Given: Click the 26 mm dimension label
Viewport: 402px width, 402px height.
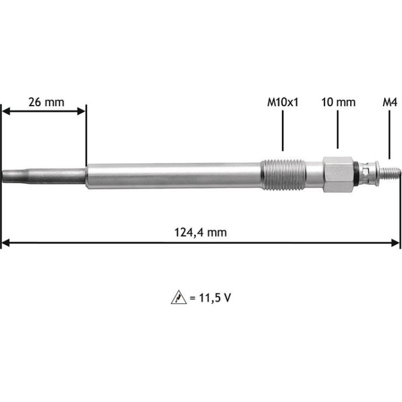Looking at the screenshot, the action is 46,102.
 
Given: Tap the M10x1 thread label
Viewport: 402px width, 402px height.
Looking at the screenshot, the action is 283,102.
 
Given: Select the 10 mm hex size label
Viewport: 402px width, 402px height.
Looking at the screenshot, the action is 338,102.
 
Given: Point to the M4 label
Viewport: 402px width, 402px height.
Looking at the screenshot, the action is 390,102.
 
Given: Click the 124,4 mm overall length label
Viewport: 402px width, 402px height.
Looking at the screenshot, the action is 200,233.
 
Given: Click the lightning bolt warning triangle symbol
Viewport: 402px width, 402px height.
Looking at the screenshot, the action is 179,297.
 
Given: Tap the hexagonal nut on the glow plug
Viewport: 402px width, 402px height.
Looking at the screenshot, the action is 338,175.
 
